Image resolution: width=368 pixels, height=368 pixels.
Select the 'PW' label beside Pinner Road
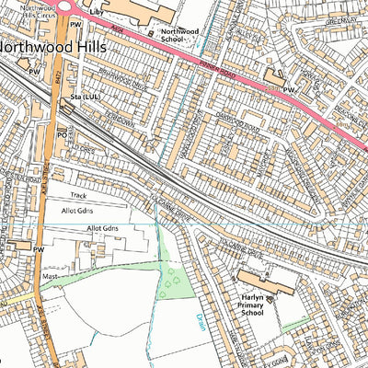pyautogui.click(x=287, y=89)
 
